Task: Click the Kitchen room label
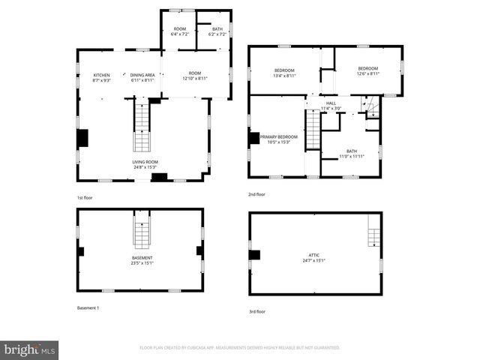(x=101, y=77)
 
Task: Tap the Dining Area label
(x=142, y=77)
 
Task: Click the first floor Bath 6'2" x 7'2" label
(x=217, y=31)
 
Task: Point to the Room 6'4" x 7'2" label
(x=179, y=31)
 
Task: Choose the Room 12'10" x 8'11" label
(x=194, y=76)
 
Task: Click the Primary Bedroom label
(x=279, y=139)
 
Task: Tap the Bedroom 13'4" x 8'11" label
(x=284, y=73)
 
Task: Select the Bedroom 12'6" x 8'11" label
(x=367, y=71)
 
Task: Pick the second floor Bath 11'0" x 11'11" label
(x=351, y=154)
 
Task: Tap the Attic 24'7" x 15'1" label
(x=315, y=259)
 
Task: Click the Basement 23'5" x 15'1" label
(x=142, y=260)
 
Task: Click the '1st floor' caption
(x=85, y=197)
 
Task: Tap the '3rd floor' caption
(x=257, y=311)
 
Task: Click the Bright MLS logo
(x=30, y=349)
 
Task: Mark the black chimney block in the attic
(x=255, y=254)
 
